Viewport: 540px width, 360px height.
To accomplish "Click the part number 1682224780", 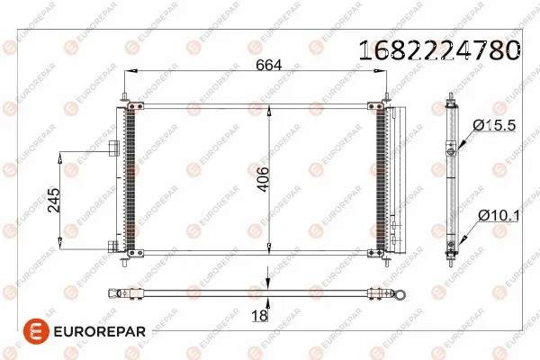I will pyautogui.click(x=439, y=50).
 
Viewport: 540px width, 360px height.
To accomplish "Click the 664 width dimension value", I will pyautogui.click(x=269, y=64).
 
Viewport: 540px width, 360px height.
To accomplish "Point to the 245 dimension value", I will pyautogui.click(x=53, y=201).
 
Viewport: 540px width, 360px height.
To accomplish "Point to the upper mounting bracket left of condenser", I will pyautogui.click(x=113, y=149).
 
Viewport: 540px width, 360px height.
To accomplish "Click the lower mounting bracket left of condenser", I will pyautogui.click(x=113, y=245).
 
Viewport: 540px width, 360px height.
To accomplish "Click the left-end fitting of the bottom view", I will pyautogui.click(x=115, y=292).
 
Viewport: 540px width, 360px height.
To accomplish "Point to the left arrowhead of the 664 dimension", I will pyautogui.click(x=129, y=71).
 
